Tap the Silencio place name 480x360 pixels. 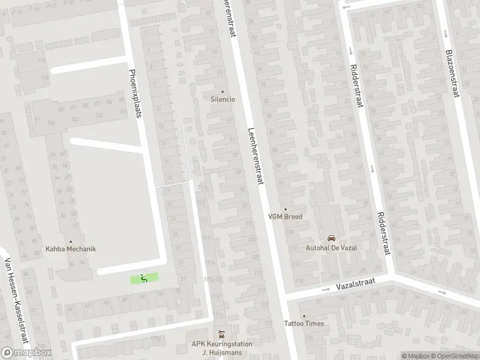point(223,99)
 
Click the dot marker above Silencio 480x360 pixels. point(223,92)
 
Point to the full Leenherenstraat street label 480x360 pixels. point(256,159)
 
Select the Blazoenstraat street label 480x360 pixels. point(452,74)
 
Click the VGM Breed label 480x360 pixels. point(285,217)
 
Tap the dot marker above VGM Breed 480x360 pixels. point(285,209)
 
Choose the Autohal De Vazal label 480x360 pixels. point(331,247)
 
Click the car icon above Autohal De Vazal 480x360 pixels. point(331,238)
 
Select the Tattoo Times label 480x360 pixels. point(304,323)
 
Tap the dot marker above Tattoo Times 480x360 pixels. point(304,316)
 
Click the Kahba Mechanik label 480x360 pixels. point(71,248)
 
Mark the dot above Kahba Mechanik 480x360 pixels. point(71,241)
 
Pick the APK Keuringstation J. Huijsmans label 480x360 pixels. point(222,348)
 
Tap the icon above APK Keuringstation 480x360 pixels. point(222,334)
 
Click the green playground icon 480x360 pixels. point(143,278)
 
